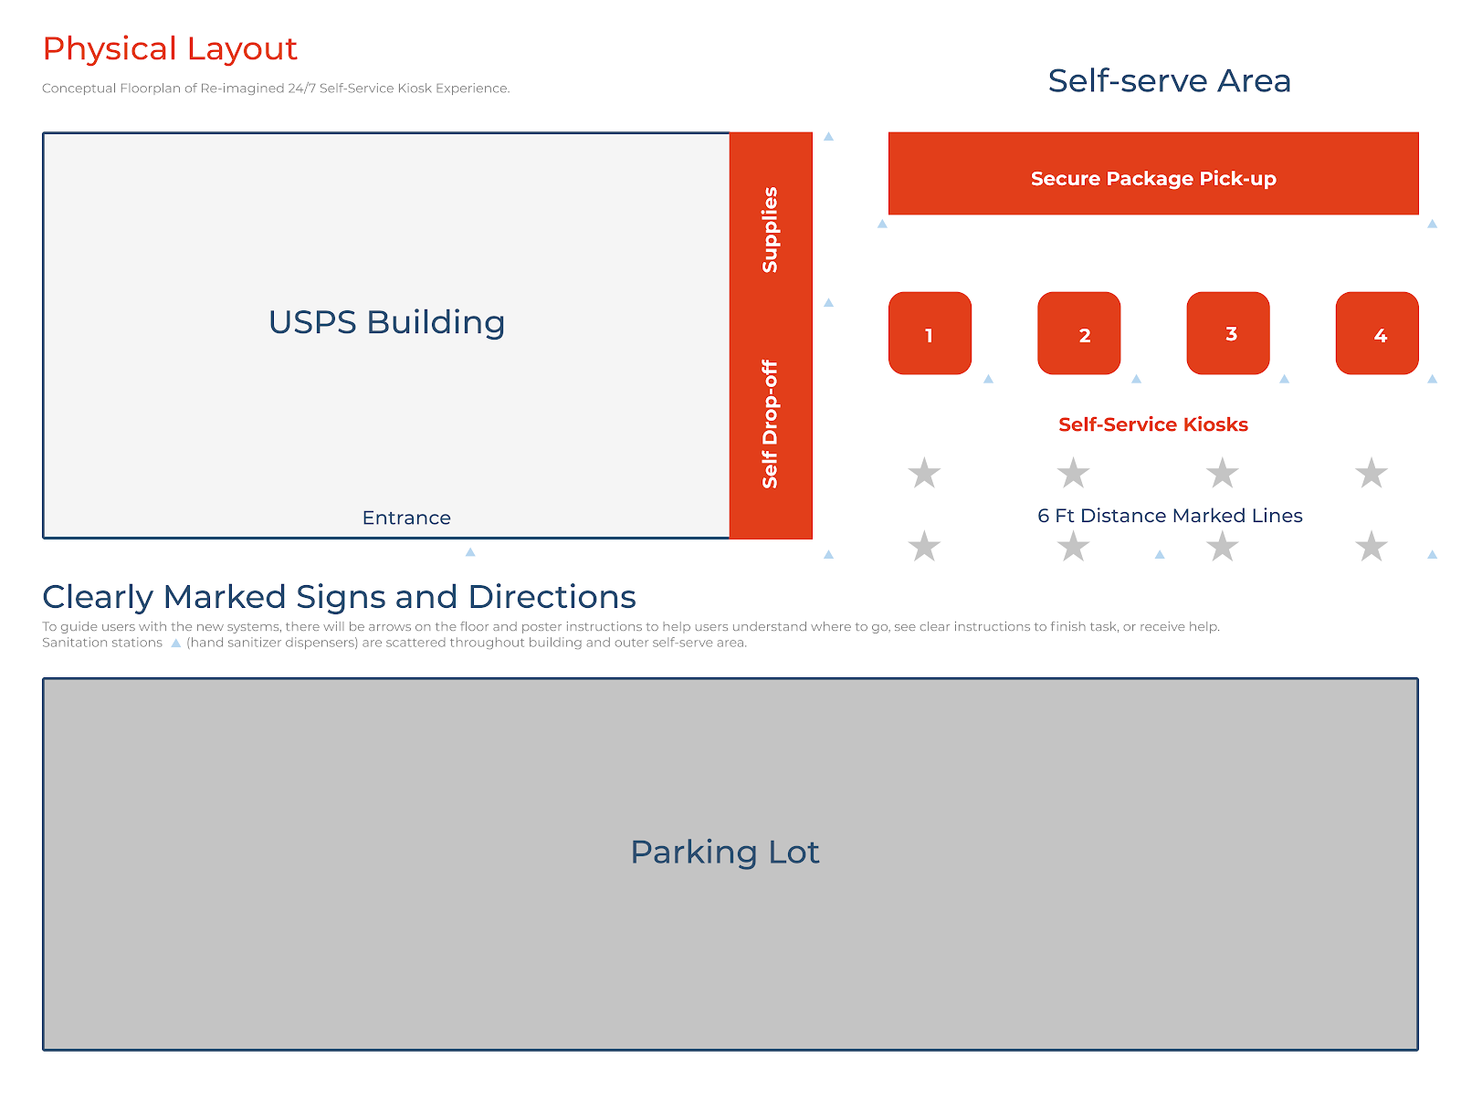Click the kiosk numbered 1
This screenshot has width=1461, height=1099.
pos(930,333)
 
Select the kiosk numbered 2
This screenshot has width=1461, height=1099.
pos(1078,333)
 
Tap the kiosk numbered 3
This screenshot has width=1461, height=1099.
pos(1227,333)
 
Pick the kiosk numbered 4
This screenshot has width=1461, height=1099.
pos(1377,333)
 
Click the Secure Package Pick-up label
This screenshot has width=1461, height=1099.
pos(1153,179)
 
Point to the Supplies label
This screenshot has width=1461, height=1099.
pos(770,230)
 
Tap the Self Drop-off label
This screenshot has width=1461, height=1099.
pos(770,424)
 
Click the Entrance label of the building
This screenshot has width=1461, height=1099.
pos(406,518)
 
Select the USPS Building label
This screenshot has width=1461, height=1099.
pos(386,323)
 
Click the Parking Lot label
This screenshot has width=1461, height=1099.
pos(725,853)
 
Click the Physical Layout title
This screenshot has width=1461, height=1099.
pos(170,49)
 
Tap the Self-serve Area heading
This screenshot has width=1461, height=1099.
pos(1169,81)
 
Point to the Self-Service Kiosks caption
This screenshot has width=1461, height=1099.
pos(1152,424)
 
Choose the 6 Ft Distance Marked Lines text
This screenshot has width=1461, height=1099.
pos(1170,516)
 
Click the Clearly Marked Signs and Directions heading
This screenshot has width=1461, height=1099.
pos(339,597)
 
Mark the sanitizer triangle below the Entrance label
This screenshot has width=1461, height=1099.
pos(470,552)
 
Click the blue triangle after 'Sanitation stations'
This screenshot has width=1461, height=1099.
pos(176,644)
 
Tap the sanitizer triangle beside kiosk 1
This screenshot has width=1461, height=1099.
pos(988,379)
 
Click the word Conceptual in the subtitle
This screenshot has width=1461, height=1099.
pos(79,89)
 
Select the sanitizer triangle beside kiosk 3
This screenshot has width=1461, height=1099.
pos(1284,379)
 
